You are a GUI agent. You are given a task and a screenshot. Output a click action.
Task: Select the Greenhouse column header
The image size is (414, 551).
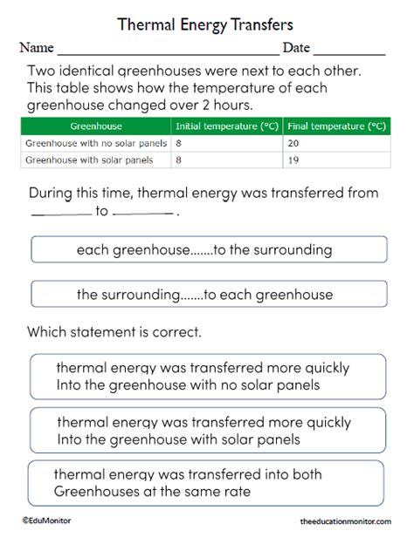pyautogui.click(x=95, y=126)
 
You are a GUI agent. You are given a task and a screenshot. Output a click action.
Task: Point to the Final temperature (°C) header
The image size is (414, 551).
pyautogui.click(x=335, y=126)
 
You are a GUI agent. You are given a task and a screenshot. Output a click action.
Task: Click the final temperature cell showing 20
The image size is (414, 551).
pyautogui.click(x=294, y=142)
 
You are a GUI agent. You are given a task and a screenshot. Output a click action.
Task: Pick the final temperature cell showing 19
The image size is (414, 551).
pyautogui.click(x=294, y=160)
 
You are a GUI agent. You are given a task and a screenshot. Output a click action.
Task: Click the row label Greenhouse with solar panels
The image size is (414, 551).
pyautogui.click(x=89, y=160)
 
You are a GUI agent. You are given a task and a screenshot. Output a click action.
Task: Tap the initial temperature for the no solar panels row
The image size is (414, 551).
pyautogui.click(x=178, y=142)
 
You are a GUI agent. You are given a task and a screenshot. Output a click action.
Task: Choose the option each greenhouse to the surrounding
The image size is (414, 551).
pyautogui.click(x=205, y=250)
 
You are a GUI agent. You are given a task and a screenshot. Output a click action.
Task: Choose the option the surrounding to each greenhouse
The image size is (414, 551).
pyautogui.click(x=205, y=295)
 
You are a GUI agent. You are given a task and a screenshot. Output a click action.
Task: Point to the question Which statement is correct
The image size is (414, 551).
pyautogui.click(x=114, y=332)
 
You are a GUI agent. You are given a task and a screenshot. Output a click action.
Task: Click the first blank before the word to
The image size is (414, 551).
pyautogui.click(x=60, y=212)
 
